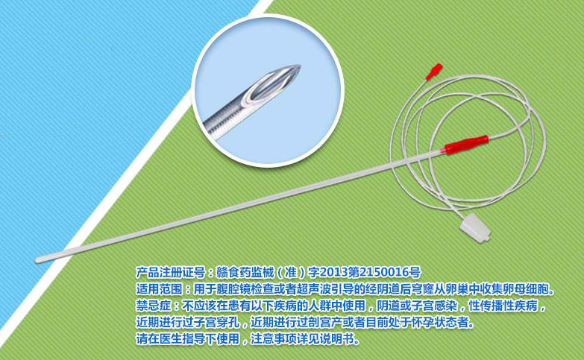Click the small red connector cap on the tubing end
[434, 72]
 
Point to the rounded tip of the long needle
[38, 260]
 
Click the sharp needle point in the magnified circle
[299, 67]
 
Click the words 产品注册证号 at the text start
[170, 273]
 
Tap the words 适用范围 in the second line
[159, 289]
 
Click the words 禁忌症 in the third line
[153, 306]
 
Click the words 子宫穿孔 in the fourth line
[216, 323]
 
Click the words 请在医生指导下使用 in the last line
[188, 339]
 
